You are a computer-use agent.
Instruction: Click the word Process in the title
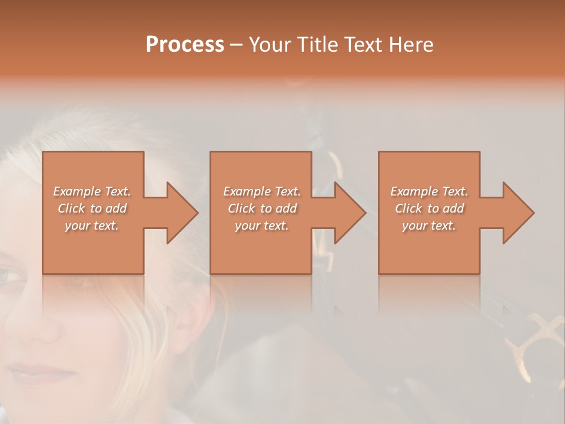(x=185, y=45)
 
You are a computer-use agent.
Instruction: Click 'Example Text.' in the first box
(x=92, y=191)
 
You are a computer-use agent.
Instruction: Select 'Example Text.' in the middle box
(x=262, y=191)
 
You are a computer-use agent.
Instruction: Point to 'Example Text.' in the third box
(x=429, y=191)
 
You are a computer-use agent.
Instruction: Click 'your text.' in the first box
(x=92, y=226)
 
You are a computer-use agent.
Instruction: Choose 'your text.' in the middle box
(x=262, y=226)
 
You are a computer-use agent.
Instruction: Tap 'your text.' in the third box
(x=429, y=226)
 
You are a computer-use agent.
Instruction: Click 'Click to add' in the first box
(x=92, y=208)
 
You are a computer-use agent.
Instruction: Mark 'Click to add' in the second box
(x=262, y=208)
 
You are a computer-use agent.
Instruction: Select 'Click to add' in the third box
(x=429, y=208)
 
